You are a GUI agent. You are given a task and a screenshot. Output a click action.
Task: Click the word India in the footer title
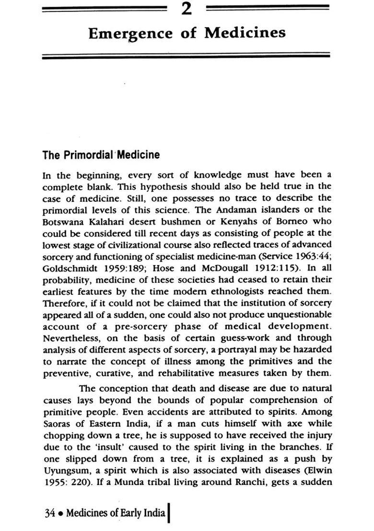153,513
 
